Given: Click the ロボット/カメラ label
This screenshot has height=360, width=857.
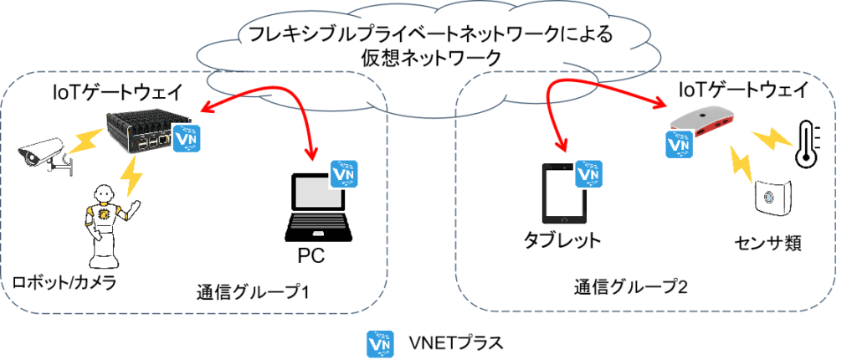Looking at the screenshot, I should [64, 282].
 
